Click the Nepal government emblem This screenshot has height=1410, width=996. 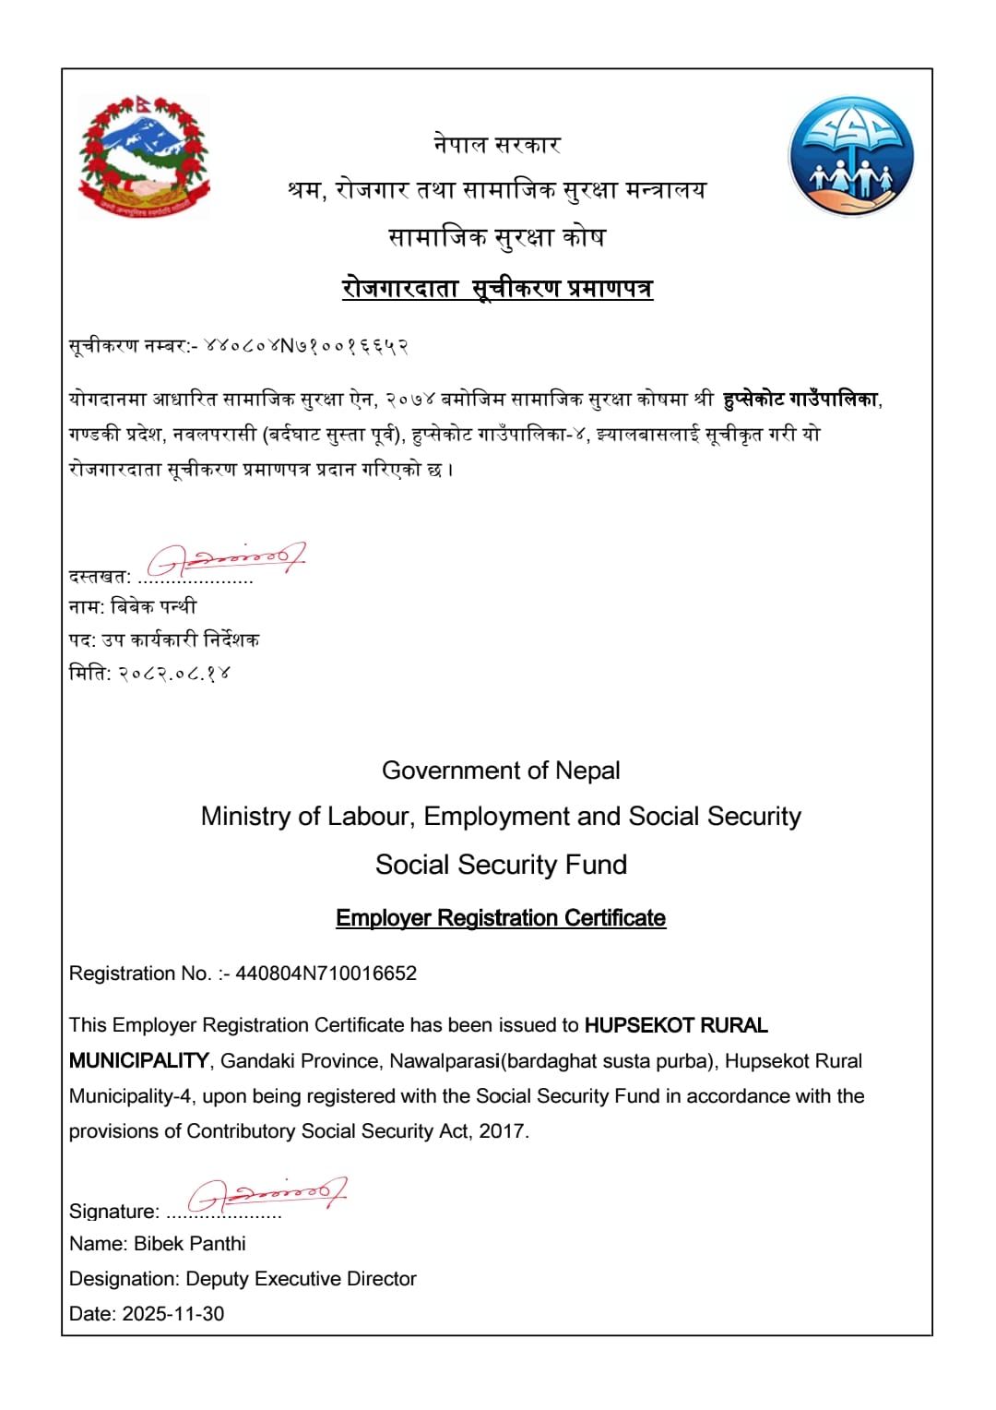click(x=144, y=156)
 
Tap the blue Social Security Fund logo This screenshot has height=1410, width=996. click(x=851, y=156)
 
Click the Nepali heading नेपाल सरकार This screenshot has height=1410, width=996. click(x=497, y=145)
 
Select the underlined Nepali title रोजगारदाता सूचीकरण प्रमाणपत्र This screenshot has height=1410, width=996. click(x=497, y=289)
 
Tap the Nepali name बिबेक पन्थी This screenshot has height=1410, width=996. click(x=153, y=606)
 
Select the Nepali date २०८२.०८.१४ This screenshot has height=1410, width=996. click(x=174, y=674)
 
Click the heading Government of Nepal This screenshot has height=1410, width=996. click(x=501, y=771)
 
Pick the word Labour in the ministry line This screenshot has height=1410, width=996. click(x=373, y=817)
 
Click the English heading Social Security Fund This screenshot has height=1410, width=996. click(x=501, y=865)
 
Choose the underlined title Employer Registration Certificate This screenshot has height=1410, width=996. click(x=501, y=918)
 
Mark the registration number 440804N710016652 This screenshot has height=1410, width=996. click(x=326, y=974)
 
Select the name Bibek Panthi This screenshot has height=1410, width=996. click(x=190, y=1244)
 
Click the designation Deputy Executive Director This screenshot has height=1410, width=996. click(x=301, y=1279)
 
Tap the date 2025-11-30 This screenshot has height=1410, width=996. click(x=173, y=1314)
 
